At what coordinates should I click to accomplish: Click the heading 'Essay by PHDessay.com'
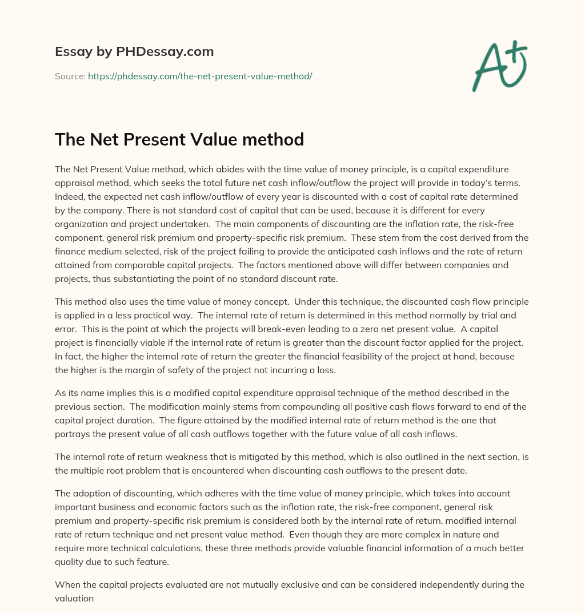[134, 52]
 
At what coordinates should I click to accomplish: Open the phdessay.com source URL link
[200, 76]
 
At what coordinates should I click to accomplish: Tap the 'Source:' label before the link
[70, 76]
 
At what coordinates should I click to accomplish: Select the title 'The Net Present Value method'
[179, 140]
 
